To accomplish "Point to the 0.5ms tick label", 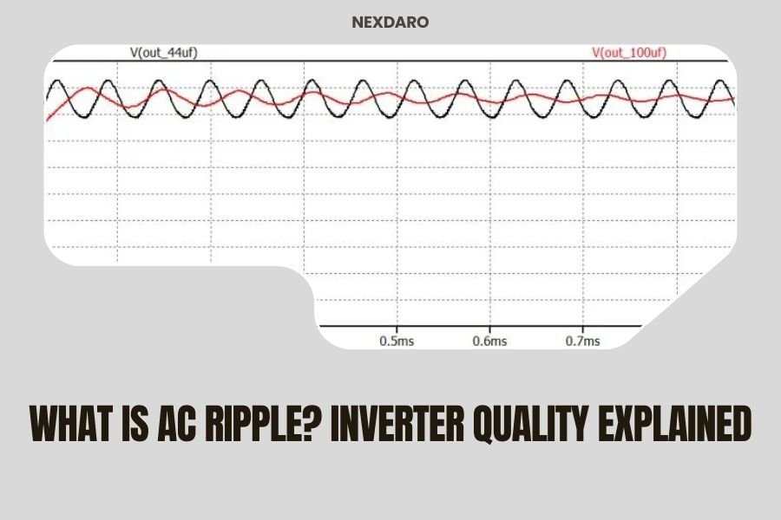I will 397,341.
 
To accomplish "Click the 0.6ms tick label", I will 489,341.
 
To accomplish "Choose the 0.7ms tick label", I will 582,341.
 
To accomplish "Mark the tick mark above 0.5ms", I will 397,328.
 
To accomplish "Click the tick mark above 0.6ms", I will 489,328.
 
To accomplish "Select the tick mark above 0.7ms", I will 582,328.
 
